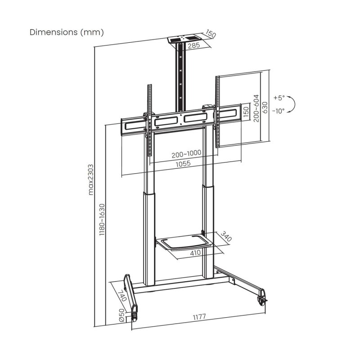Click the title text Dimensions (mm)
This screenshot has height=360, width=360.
point(67,32)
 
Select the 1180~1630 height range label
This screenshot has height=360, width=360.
point(102,220)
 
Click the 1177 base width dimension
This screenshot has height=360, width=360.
point(198,317)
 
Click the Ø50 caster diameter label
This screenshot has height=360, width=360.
point(121,315)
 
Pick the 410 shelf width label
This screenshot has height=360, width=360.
point(195,253)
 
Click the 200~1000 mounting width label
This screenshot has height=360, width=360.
point(186,153)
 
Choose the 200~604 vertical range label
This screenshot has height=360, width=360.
point(256,107)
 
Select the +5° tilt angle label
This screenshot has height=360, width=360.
point(279,98)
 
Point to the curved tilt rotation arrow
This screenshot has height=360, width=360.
point(293,104)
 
